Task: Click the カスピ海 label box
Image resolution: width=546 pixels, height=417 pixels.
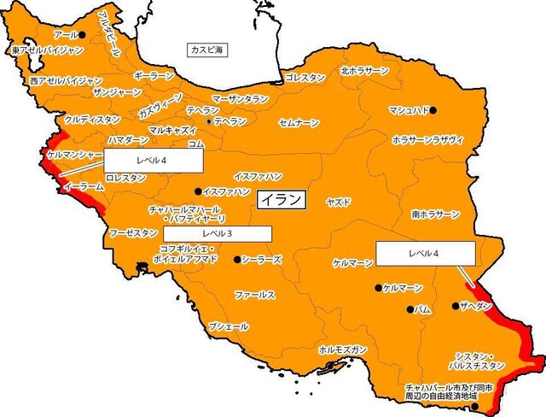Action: (x=206, y=51)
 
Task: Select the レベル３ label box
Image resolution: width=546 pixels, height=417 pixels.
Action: (x=218, y=232)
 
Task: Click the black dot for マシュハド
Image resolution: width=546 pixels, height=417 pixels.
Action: (x=433, y=110)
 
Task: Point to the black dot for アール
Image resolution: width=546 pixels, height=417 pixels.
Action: (x=83, y=35)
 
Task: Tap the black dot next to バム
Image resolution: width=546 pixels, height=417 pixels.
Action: (x=410, y=309)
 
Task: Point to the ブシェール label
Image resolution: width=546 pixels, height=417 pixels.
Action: (x=229, y=326)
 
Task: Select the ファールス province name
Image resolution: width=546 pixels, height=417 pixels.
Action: (x=254, y=294)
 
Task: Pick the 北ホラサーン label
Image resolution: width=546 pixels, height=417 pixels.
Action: (x=364, y=71)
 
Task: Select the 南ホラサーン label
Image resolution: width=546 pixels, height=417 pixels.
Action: (x=435, y=214)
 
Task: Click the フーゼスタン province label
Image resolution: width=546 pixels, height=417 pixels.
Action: (x=133, y=232)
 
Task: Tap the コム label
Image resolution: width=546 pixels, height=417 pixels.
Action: (x=195, y=144)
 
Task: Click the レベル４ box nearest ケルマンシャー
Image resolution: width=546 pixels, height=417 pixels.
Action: (x=154, y=160)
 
